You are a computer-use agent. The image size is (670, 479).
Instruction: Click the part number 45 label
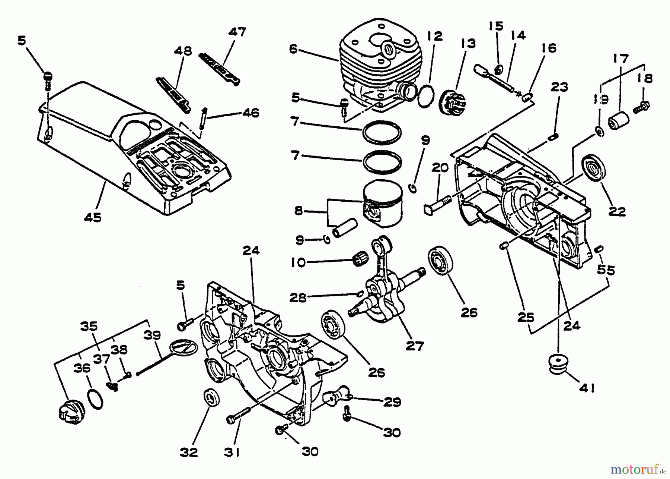[x=93, y=217]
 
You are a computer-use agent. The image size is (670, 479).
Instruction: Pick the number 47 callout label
[x=237, y=32]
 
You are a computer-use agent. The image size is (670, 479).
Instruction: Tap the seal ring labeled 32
[x=212, y=398]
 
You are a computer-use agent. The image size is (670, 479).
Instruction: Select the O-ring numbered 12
[x=427, y=96]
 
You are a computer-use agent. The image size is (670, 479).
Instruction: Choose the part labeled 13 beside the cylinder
[x=452, y=101]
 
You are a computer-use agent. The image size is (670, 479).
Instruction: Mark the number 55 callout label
[x=606, y=270]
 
